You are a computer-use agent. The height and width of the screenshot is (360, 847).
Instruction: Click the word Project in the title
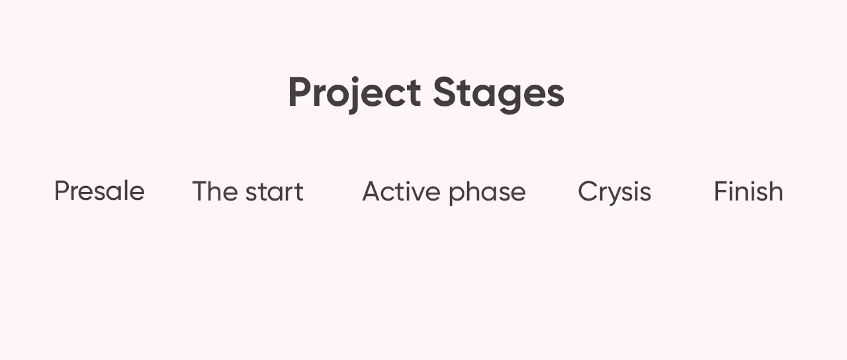click(354, 93)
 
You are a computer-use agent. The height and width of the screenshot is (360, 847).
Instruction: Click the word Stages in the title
click(498, 93)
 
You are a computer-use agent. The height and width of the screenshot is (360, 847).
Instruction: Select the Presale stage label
click(99, 191)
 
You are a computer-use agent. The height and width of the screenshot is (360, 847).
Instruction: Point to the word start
click(274, 192)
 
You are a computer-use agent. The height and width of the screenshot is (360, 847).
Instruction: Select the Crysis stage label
click(614, 192)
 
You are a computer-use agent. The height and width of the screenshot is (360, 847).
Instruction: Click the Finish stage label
click(748, 191)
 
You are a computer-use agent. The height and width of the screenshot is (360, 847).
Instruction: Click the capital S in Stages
click(445, 93)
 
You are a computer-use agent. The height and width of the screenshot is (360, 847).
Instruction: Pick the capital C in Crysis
click(587, 192)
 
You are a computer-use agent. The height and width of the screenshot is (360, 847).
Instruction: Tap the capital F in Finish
click(720, 191)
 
